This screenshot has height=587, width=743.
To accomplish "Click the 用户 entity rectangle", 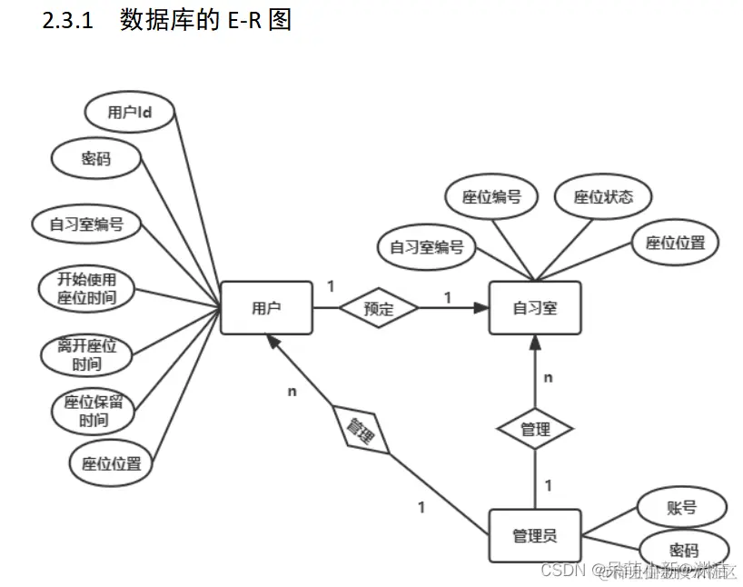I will (266, 308).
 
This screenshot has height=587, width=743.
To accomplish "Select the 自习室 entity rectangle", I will (534, 308).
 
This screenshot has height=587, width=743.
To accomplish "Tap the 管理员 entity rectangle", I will (534, 534).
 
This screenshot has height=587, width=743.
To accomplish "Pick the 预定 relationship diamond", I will (379, 308).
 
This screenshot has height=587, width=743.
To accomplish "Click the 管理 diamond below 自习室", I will (535, 429).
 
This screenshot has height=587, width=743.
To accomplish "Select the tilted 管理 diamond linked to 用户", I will (362, 429).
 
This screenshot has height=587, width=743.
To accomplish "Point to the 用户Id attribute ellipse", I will (129, 113).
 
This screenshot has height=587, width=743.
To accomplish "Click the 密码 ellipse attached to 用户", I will (96, 159).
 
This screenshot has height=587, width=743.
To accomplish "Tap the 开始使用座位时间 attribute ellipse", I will (87, 286).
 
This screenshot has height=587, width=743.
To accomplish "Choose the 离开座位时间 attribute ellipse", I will (87, 355).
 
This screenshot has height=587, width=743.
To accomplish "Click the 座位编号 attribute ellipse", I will (491, 196).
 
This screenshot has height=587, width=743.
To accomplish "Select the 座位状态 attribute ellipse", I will (603, 196).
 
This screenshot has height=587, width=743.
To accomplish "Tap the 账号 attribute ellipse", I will (682, 507).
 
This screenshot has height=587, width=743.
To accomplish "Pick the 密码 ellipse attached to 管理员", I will (684, 550).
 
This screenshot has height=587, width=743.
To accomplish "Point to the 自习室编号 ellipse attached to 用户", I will (86, 224).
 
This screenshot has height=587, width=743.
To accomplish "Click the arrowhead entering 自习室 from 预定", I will (481, 308).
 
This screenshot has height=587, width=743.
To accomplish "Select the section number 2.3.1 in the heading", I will (68, 21).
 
